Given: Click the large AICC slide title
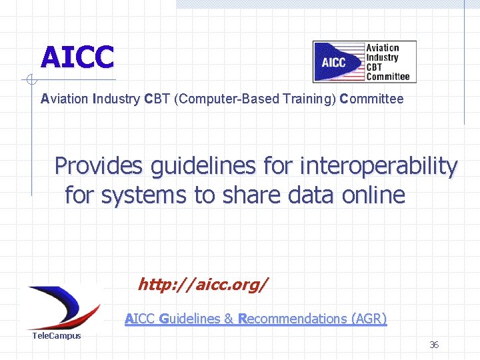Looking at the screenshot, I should tap(77, 57).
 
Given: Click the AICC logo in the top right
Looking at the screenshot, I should tap(364, 62).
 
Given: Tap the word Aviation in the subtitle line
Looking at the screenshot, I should tap(64, 99).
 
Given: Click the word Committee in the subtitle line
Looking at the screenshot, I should tap(371, 99).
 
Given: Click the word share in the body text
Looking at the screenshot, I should tap(252, 195).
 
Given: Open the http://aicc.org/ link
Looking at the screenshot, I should tap(203, 285).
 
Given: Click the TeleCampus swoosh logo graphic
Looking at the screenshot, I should tap(63, 305).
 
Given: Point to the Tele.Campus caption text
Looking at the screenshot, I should tap(57, 335).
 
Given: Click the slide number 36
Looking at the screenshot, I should tap(433, 345).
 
